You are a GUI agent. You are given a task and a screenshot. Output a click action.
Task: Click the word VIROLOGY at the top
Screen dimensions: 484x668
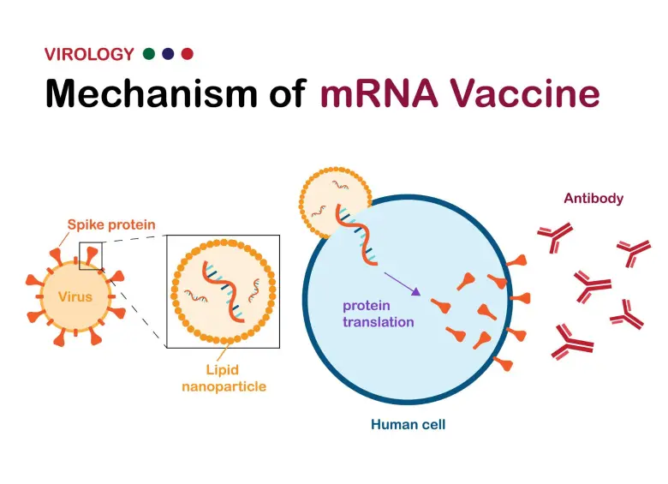(x=89, y=55)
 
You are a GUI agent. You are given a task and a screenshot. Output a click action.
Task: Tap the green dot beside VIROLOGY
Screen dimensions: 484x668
(x=149, y=54)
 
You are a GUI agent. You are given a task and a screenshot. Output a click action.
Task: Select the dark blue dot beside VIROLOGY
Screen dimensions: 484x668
(x=168, y=54)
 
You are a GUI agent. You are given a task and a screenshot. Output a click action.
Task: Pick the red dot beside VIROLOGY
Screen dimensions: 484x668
(x=188, y=54)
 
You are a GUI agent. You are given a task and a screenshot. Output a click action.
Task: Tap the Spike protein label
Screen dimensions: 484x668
(x=111, y=225)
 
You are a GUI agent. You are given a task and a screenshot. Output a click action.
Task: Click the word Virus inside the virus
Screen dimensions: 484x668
(x=75, y=297)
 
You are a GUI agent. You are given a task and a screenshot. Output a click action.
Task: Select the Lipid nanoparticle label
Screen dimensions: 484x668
(x=223, y=379)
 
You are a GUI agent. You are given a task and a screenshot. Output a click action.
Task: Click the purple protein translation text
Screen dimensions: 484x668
(x=379, y=314)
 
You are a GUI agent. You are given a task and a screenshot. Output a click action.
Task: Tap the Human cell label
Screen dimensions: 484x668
(x=408, y=424)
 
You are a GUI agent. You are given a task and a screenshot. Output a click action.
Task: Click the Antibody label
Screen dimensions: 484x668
(x=593, y=199)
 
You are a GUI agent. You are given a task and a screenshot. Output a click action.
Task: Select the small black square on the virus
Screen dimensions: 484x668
(x=91, y=255)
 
